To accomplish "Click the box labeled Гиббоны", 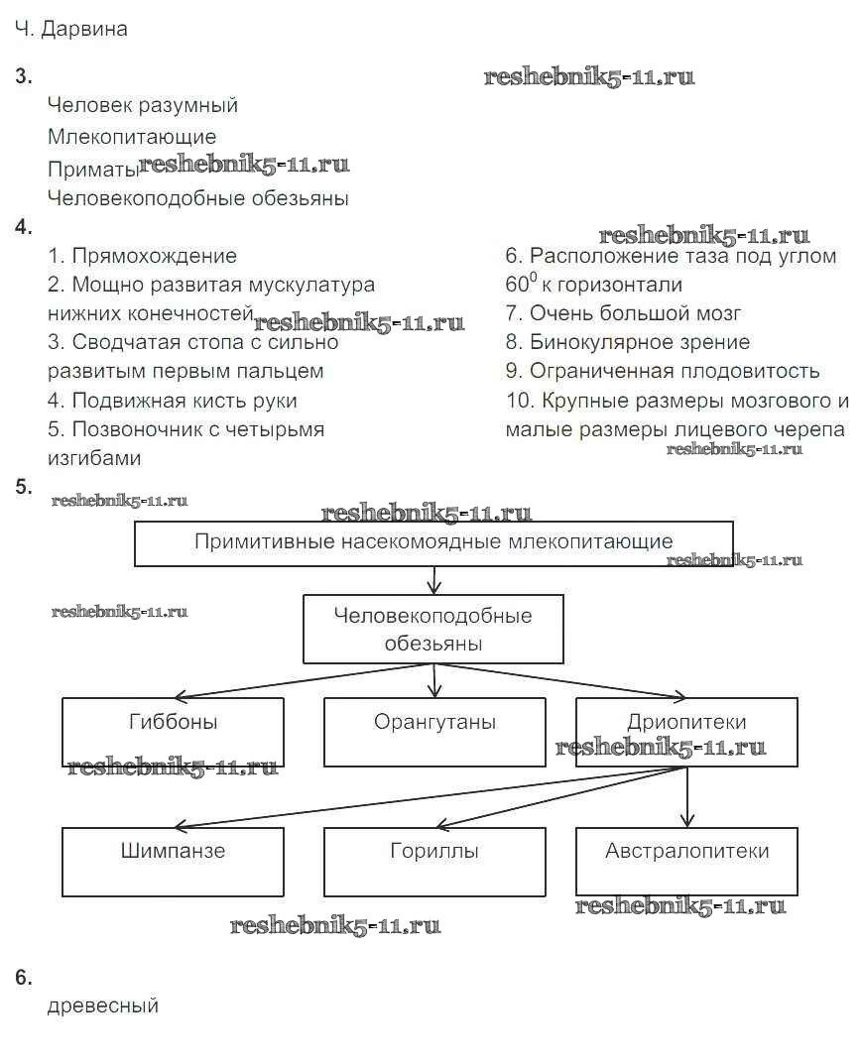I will [x=173, y=732].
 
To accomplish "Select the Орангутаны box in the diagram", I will [x=434, y=732].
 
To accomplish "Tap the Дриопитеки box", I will [x=686, y=732].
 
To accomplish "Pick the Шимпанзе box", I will [x=173, y=862].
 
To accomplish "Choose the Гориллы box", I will [x=434, y=862].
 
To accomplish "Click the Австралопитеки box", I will [x=686, y=862].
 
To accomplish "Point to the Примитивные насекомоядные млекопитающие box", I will [x=433, y=543].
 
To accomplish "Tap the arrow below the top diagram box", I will [x=433, y=580].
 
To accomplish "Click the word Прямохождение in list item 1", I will [x=154, y=256].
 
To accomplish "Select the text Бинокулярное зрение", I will [x=640, y=342].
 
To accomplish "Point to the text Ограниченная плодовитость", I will [x=675, y=371].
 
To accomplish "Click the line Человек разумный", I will [x=143, y=105].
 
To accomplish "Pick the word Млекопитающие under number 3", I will [x=132, y=136].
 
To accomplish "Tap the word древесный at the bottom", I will [x=103, y=1005].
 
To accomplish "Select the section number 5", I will [x=24, y=486].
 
